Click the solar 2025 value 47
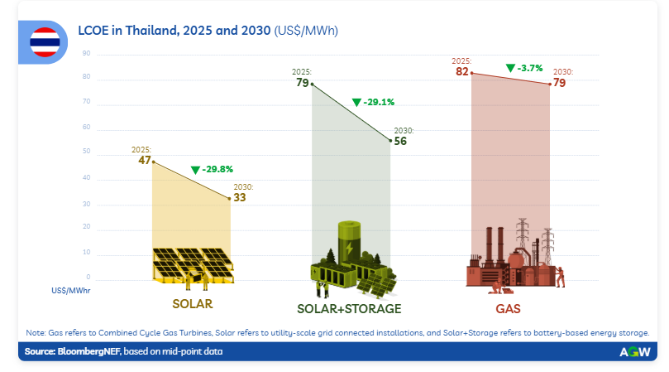point(144,160)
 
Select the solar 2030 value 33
point(241,197)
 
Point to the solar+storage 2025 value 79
point(302,83)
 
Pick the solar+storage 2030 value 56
point(400,141)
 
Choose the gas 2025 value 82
point(462,71)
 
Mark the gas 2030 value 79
point(560,83)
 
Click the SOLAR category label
point(193,303)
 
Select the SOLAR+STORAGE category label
point(349,308)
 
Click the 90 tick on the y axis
point(87,54)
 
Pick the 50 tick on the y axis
point(87,152)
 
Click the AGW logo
point(634,351)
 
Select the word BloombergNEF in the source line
point(88,351)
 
